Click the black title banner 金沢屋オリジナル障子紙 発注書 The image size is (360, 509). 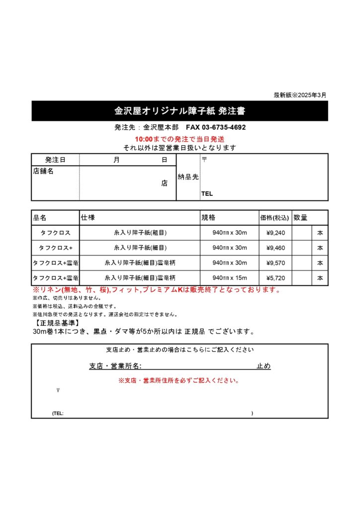point(180,110)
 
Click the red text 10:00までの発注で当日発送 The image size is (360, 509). point(180,139)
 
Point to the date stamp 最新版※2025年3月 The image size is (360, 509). point(300,95)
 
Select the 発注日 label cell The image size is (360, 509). point(55,160)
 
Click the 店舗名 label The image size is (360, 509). point(43,171)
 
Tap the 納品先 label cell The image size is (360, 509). point(188,177)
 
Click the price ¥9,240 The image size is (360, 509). point(275,233)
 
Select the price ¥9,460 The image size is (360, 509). point(275,248)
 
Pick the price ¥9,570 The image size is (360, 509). point(275,262)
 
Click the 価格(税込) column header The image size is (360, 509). point(275,218)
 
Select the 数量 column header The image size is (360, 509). point(300,218)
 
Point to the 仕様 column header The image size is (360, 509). point(88,218)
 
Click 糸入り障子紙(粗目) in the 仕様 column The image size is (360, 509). point(140,233)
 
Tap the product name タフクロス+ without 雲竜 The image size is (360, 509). point(56,248)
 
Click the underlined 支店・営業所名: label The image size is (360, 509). point(115,366)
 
